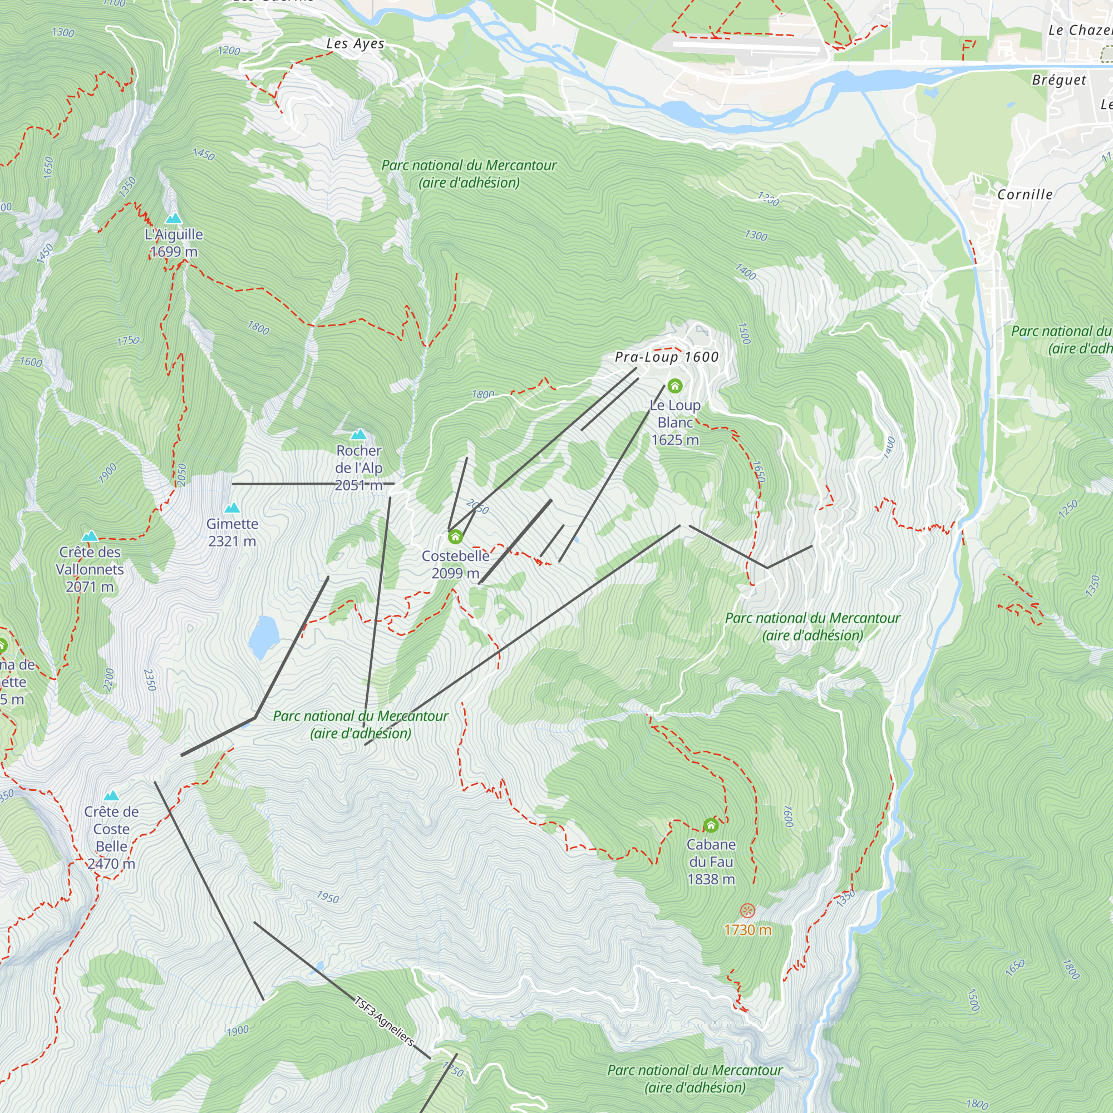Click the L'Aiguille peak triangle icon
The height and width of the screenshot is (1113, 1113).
[x=174, y=218]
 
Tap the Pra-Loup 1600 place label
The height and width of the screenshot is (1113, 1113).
[x=667, y=357]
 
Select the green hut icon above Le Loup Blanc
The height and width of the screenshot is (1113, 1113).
[x=674, y=386]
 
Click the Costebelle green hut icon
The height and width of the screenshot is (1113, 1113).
[x=455, y=537]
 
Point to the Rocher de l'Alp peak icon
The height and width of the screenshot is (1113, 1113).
[x=358, y=435]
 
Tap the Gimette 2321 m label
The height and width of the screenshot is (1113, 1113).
[x=232, y=533]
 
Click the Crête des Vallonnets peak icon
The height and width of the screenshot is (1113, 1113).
[x=89, y=536]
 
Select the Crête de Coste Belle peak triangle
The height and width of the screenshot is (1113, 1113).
[x=111, y=796]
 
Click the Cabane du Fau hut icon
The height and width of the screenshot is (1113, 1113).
[x=711, y=825]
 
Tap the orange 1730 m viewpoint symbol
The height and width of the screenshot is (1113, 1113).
[x=747, y=911]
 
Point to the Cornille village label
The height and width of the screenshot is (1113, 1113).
[x=1025, y=195]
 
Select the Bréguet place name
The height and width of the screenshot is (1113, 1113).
[x=1059, y=80]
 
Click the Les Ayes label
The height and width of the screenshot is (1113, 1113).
[x=355, y=44]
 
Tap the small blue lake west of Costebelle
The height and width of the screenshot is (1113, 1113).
[x=264, y=636]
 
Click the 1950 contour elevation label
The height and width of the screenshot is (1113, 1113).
[x=328, y=897]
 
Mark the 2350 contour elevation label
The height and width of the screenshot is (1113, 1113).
[x=150, y=680]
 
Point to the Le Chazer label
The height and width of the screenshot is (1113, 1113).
[x=1078, y=31]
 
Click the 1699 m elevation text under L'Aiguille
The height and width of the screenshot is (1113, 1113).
[x=174, y=252]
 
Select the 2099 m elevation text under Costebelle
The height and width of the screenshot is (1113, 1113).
[x=455, y=573]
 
